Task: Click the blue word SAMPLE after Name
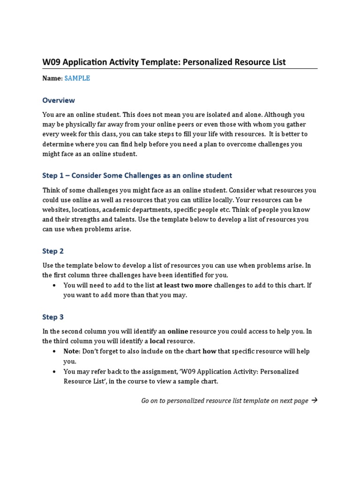(77, 78)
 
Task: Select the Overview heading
(59, 100)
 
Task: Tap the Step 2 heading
(53, 251)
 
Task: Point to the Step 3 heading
(53, 317)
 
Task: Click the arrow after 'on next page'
(314, 400)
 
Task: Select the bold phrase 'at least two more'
(184, 285)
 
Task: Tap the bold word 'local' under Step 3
(157, 341)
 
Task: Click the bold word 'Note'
(72, 351)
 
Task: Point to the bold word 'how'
(209, 351)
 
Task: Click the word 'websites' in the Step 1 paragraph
(56, 210)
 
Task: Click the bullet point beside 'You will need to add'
(55, 285)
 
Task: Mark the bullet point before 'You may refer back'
(55, 372)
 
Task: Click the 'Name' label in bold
(52, 78)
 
